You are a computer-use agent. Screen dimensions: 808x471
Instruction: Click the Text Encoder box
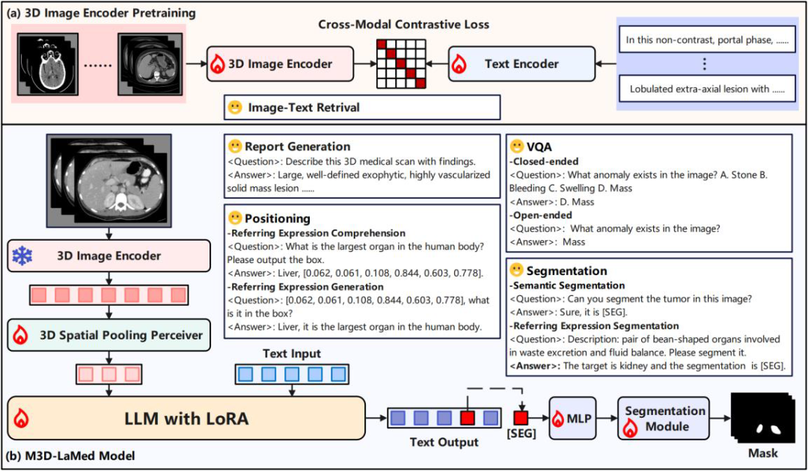(521, 64)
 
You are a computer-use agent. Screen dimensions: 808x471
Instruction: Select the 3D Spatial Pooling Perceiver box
(109, 336)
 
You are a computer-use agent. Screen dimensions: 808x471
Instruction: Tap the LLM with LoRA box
(186, 418)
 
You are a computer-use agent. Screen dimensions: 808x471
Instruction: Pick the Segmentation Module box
(663, 418)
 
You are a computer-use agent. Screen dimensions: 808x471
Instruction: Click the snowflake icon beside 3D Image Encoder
(22, 256)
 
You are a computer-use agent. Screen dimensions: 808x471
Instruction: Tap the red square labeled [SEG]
(521, 418)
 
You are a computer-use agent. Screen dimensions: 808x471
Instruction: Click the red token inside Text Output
(468, 418)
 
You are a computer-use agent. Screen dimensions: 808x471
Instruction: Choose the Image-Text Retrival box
(362, 108)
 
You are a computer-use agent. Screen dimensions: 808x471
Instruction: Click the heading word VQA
(539, 147)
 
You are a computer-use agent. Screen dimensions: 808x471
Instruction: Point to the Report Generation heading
(297, 147)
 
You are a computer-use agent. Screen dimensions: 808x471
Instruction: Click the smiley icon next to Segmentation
(516, 270)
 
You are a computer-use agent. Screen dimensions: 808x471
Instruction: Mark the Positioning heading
(278, 218)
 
